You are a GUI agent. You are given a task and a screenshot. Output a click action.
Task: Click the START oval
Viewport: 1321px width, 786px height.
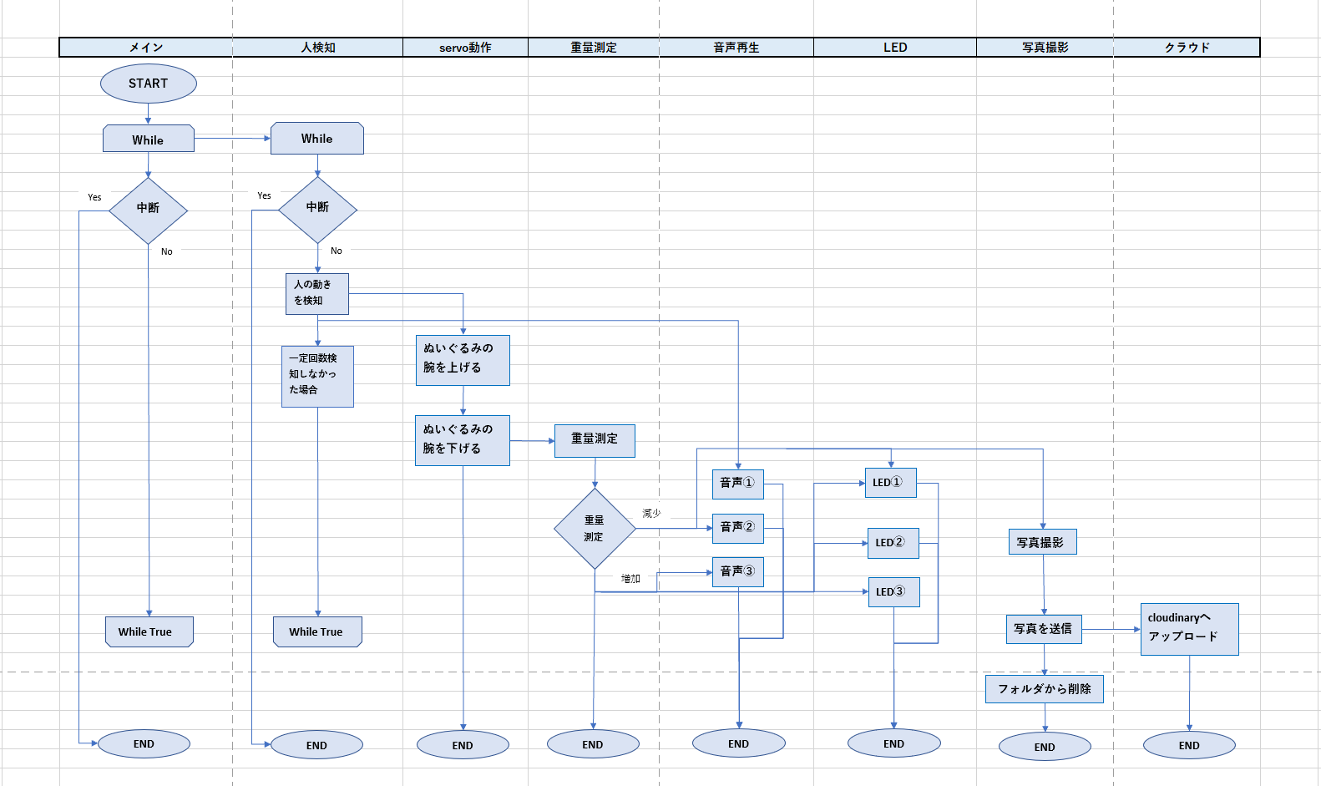(x=149, y=84)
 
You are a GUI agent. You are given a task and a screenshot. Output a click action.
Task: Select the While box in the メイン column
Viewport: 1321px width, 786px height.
(x=149, y=139)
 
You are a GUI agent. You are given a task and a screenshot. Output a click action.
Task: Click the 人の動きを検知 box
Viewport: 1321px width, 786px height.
(x=316, y=293)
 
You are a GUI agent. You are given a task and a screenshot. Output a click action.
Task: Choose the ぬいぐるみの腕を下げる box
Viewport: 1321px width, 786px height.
(x=463, y=440)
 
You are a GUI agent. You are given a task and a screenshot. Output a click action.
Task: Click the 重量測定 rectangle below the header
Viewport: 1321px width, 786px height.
(x=595, y=440)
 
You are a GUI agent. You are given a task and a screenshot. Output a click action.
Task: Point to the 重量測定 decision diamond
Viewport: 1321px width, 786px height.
(x=595, y=529)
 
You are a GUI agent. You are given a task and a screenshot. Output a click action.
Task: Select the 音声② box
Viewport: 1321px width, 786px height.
(x=737, y=528)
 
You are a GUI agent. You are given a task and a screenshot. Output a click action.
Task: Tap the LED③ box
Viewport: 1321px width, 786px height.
(x=893, y=592)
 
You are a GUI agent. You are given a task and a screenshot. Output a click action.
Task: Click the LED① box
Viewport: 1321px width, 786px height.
(x=890, y=483)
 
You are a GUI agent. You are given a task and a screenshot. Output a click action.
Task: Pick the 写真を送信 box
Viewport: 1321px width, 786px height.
(x=1043, y=629)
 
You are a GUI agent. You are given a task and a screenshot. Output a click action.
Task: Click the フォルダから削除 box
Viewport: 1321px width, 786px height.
(x=1044, y=689)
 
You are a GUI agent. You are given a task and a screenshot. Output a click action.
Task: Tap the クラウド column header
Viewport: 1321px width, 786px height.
(x=1187, y=48)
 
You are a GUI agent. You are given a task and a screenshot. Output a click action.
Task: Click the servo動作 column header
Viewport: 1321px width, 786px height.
(x=465, y=48)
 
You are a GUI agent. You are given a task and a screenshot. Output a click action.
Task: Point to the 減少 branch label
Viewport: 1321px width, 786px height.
(x=651, y=514)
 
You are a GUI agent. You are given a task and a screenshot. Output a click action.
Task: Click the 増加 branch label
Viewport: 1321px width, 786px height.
(x=630, y=579)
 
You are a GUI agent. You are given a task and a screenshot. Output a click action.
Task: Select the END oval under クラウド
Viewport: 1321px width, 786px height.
(x=1189, y=745)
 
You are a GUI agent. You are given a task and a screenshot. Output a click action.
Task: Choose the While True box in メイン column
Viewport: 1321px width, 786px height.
(x=149, y=631)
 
